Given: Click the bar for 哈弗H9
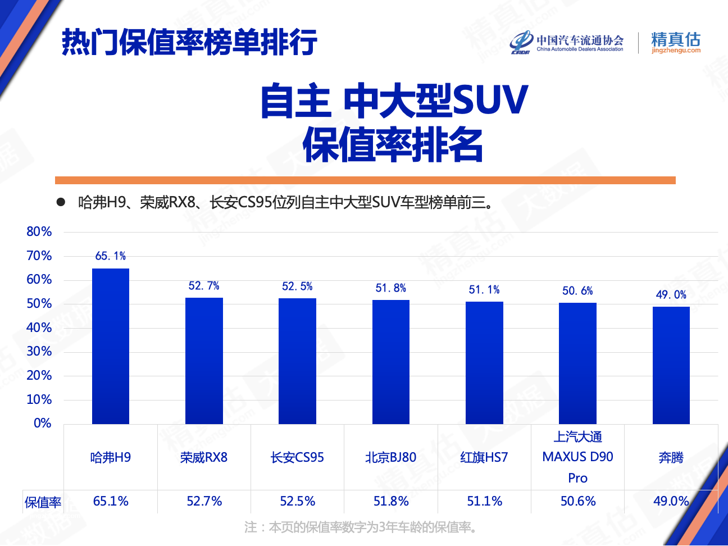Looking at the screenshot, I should coord(111,346).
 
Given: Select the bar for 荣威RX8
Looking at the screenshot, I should coord(204,361).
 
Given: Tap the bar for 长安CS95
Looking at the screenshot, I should coord(297,361).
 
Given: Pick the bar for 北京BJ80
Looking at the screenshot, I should coord(391,362).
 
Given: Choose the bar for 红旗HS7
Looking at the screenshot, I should coord(484,363).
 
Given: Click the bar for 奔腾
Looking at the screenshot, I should coord(671,365).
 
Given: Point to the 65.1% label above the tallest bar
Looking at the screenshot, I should coord(111,256).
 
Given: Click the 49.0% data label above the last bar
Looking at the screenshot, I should coord(671,295).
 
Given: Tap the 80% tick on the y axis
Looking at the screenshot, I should coord(39,232).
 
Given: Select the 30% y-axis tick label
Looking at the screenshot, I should coord(39,352).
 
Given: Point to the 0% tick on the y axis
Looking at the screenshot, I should coord(42,424).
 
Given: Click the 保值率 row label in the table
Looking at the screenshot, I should coord(43,502).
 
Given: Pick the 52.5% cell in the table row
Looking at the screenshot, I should coord(297,501).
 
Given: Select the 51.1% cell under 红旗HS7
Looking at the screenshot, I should coord(484,501).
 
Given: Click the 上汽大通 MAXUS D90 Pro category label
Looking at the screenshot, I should coord(577,457).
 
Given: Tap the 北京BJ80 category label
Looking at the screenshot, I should coord(391,457).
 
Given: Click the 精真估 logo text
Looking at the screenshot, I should coord(676,40).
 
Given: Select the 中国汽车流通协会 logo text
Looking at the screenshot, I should coord(580,40).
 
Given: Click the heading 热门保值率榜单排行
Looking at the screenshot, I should coord(189,42).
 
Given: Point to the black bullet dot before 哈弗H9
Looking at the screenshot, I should coord(61,202).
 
